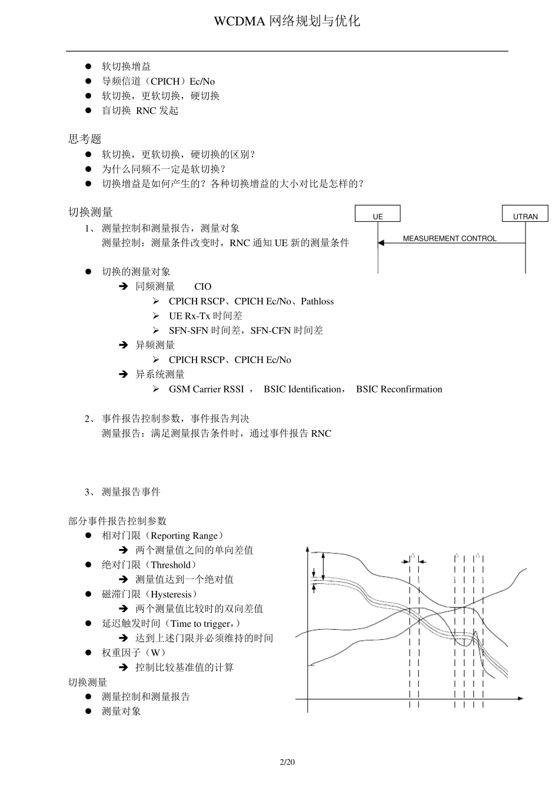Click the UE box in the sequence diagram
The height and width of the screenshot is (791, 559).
click(x=378, y=214)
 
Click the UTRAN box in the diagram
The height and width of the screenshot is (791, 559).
click(x=525, y=214)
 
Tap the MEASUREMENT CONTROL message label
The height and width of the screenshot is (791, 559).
click(x=450, y=238)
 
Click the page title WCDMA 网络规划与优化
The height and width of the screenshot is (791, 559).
click(x=287, y=21)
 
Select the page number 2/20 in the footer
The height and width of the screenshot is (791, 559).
click(x=287, y=762)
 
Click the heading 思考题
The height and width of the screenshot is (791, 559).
click(x=85, y=139)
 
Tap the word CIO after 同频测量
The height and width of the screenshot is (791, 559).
click(x=202, y=287)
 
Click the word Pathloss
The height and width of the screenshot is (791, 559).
click(x=317, y=301)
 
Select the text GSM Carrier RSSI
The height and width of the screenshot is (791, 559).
click(x=206, y=389)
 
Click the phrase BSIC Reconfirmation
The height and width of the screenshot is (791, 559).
click(x=399, y=389)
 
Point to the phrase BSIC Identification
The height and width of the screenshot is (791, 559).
click(x=302, y=389)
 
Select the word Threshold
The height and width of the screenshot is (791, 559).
click(x=171, y=565)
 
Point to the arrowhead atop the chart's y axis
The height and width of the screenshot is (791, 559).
click(x=307, y=550)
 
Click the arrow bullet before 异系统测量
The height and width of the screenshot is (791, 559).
click(x=124, y=374)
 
